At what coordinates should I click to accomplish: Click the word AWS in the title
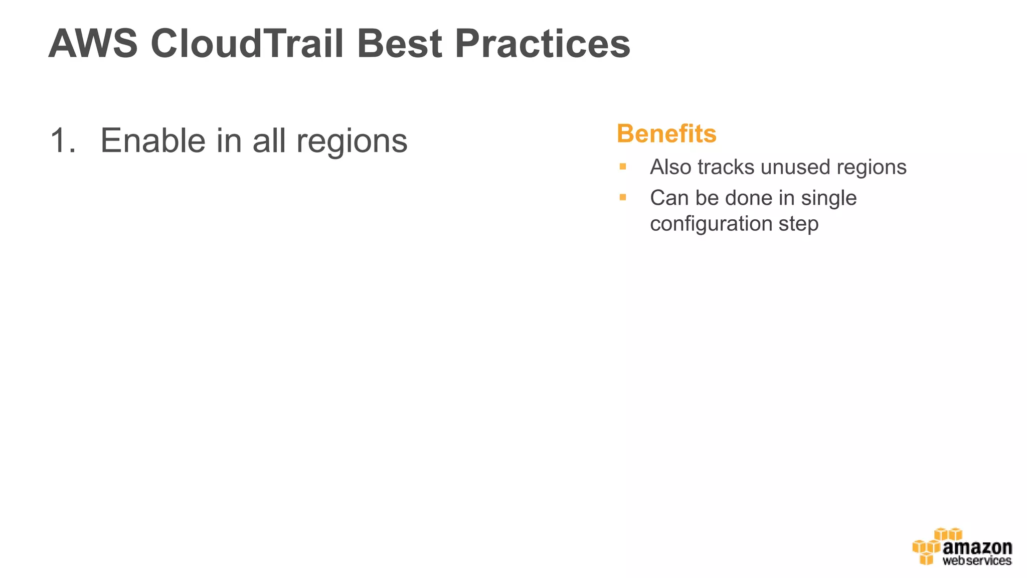coord(93,44)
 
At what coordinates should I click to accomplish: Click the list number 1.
coord(62,141)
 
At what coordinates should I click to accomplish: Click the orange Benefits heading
coord(666,134)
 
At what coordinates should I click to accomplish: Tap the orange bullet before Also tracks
coord(623,167)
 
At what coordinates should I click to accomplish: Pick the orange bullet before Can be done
coord(623,197)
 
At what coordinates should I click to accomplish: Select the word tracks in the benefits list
coord(726,167)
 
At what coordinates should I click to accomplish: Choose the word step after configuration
coord(798,224)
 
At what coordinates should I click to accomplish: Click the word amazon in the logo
coord(977,547)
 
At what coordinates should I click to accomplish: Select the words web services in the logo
coord(977,560)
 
